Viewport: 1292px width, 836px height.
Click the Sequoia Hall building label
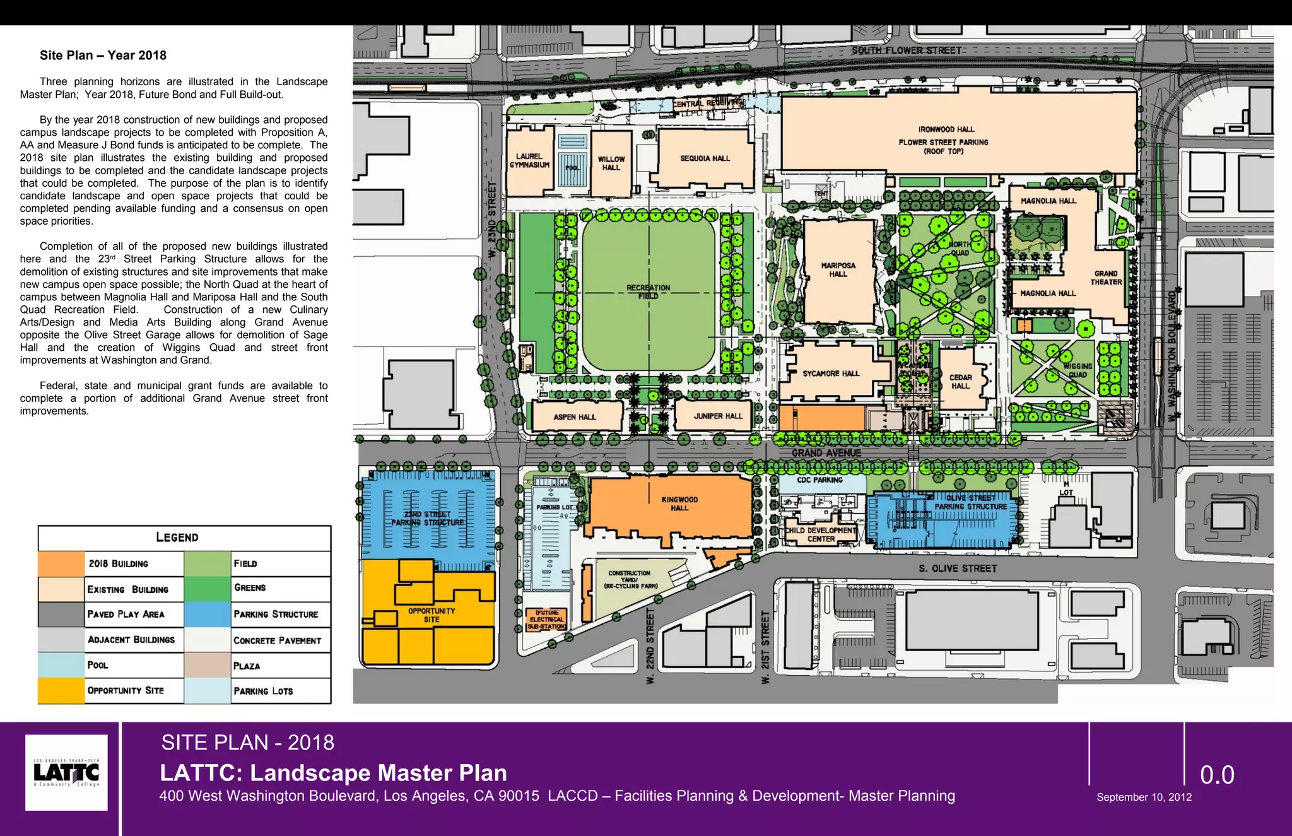(x=705, y=158)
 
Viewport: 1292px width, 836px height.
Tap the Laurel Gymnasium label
(x=529, y=161)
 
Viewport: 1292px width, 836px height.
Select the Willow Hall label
(x=611, y=163)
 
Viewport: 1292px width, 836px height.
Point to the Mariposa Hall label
(x=838, y=270)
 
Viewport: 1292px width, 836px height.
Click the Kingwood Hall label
(x=679, y=503)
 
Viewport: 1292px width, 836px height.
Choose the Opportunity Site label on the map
(x=432, y=615)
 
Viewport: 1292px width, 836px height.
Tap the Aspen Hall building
(x=575, y=417)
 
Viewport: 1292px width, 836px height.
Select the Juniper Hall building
(x=718, y=416)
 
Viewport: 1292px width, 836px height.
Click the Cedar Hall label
(x=960, y=382)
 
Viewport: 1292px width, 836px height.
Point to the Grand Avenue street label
(x=826, y=453)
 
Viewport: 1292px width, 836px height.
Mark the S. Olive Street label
(x=958, y=568)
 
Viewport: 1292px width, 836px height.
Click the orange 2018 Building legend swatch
(x=61, y=563)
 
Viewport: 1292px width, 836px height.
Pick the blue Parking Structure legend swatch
(x=208, y=614)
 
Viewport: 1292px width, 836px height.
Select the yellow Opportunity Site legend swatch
(x=61, y=690)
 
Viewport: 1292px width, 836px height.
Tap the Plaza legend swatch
(x=208, y=666)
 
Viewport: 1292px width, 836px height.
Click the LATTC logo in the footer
(x=66, y=772)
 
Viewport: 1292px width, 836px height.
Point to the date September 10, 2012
(x=1144, y=797)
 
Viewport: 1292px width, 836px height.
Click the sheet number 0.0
(x=1217, y=775)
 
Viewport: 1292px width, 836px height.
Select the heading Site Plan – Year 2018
(x=103, y=56)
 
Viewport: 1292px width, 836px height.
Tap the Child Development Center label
(x=821, y=534)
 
